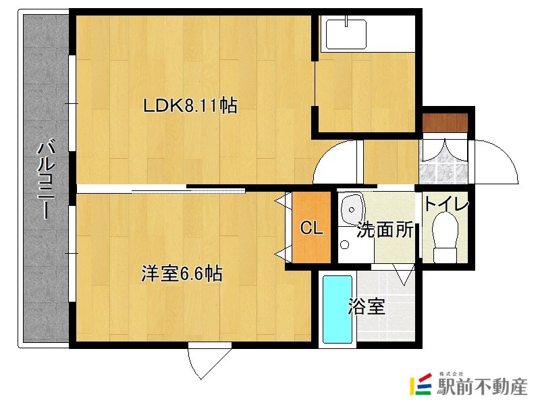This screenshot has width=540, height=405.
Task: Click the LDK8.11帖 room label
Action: pos(190,105)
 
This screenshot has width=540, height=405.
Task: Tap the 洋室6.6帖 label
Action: pos(182,273)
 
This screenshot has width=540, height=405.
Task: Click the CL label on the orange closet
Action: pos(311,229)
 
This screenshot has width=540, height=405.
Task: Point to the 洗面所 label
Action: pos(385,230)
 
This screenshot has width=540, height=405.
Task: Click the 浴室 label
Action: pos(367,307)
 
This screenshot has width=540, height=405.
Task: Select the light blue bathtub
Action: pos(337,308)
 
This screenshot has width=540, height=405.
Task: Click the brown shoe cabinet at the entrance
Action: pos(445,124)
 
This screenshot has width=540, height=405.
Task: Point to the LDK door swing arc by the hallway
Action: pos(335,162)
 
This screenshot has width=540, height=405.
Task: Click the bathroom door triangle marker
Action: pos(404,273)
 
